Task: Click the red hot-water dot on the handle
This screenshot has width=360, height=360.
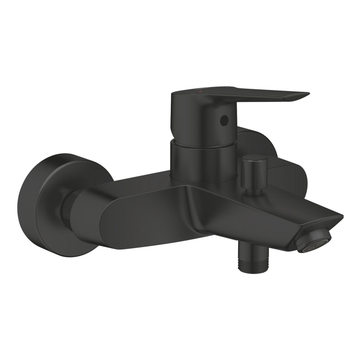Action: (202, 90)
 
